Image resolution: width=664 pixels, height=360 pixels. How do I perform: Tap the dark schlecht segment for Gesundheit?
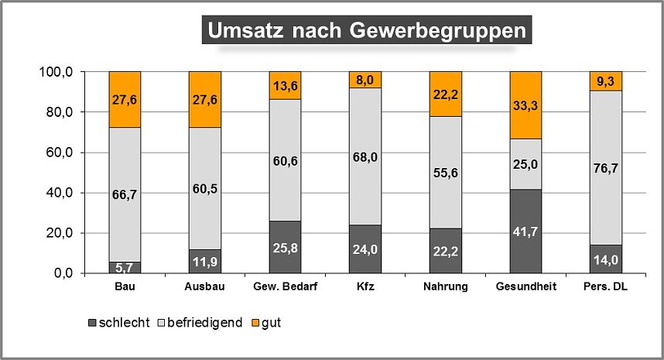click(526, 231)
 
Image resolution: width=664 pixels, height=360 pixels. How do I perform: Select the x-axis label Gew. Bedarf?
click(286, 286)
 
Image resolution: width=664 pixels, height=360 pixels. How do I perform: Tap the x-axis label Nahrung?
click(446, 286)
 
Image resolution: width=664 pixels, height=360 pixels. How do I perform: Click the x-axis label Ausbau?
click(205, 286)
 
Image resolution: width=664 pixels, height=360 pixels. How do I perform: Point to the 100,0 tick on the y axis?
click(56, 72)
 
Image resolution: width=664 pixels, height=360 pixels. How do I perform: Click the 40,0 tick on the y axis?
click(59, 193)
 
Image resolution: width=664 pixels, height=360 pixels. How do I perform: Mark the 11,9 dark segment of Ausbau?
click(205, 261)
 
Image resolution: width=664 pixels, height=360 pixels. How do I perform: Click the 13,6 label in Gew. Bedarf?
click(286, 85)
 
